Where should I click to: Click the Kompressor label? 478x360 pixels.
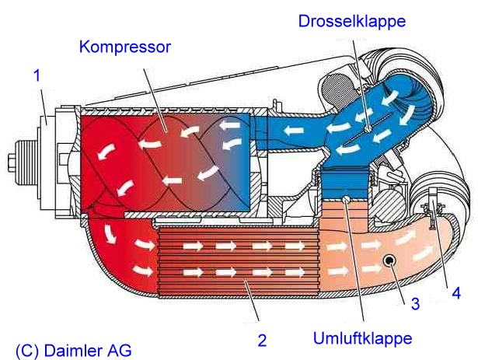pos(124,47)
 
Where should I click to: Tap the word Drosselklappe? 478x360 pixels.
pos(352,21)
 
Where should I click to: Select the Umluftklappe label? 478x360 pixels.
pos(362,338)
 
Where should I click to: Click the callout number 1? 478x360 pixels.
pos(37,75)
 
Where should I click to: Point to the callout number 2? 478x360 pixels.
pos(262,340)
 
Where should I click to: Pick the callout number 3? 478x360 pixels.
pos(415,303)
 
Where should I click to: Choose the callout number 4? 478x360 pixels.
pos(456,293)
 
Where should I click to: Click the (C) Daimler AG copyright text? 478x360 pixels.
pos(74,351)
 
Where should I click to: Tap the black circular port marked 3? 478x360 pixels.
pos(389,260)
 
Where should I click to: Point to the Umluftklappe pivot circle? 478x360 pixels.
pos(347,198)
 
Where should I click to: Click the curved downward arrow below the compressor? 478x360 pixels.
pos(109,234)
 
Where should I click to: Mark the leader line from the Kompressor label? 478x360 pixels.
pos(154,100)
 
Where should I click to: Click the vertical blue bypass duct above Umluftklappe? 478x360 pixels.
pos(345,183)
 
